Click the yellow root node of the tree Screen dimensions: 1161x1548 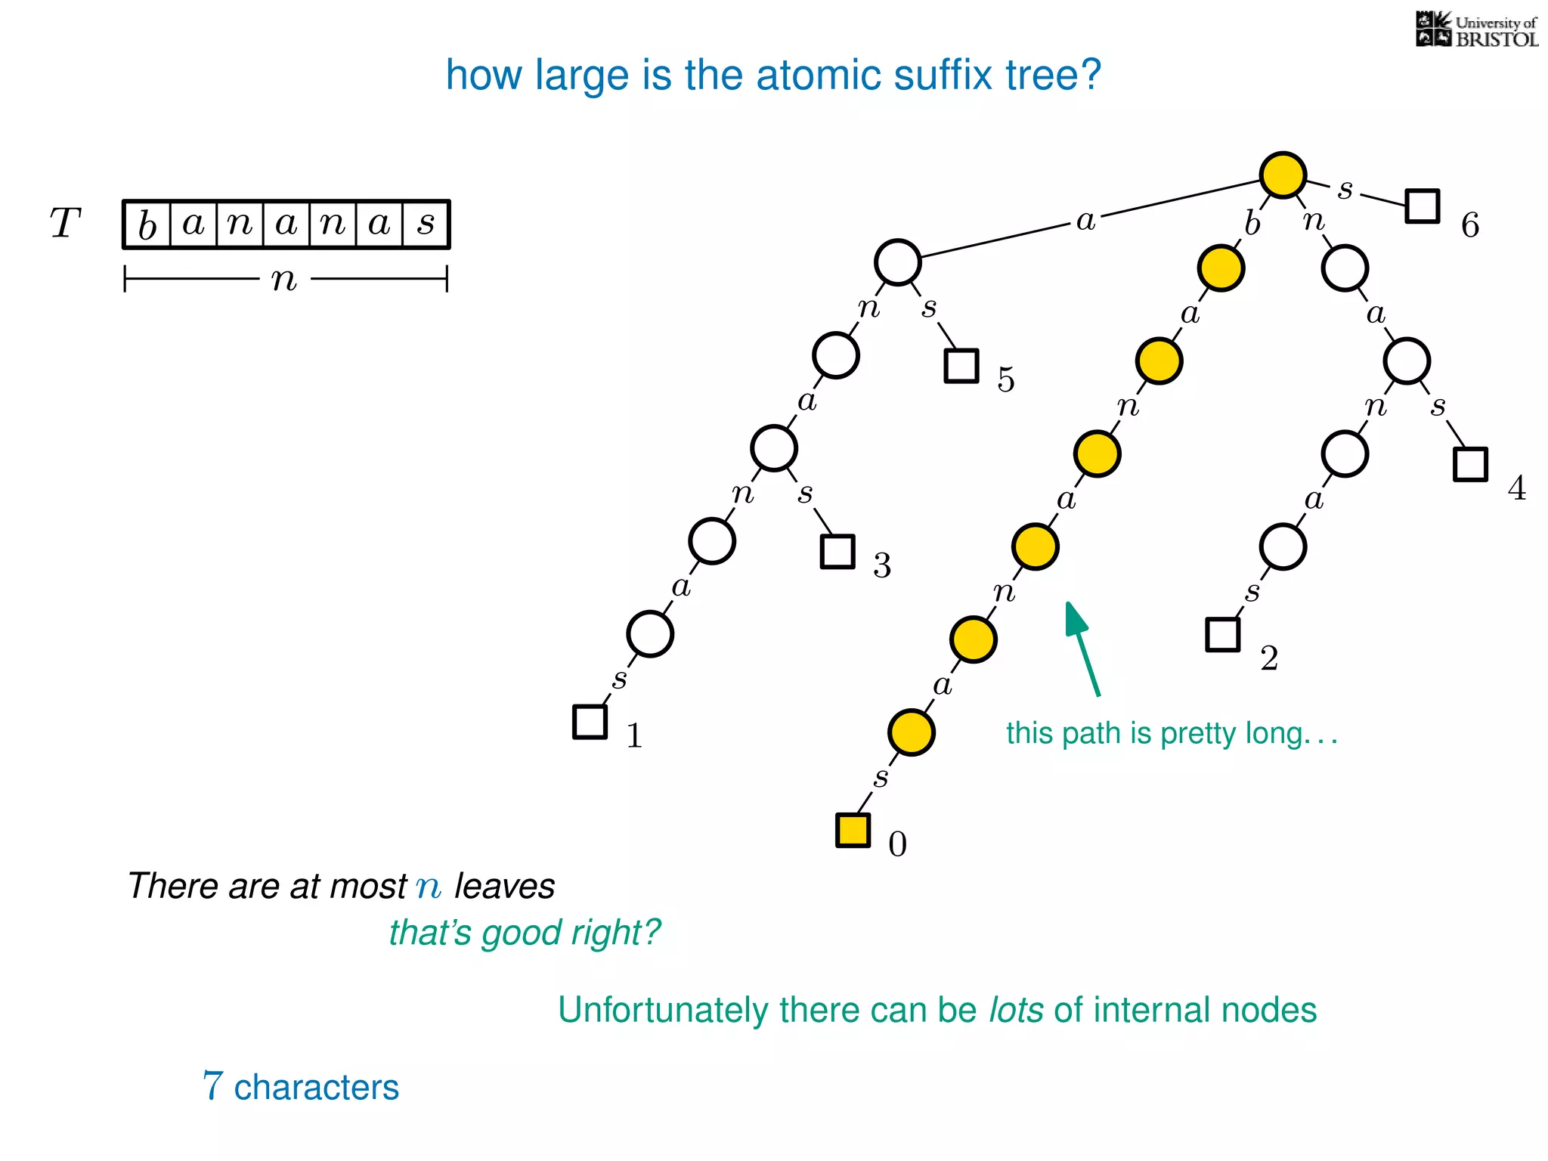coord(1283,175)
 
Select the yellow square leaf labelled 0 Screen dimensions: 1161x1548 coord(853,830)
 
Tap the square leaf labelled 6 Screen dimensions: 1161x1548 coord(1422,206)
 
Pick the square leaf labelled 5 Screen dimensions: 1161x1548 coord(961,366)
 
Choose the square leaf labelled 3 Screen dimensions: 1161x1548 coord(837,551)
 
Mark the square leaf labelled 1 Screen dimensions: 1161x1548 coord(590,721)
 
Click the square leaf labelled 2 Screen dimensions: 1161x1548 coord(1222,634)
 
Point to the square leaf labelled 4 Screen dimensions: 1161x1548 coord(1470,464)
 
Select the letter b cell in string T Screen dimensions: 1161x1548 coord(147,224)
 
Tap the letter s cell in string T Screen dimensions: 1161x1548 coord(426,224)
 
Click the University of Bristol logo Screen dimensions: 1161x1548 coord(1476,30)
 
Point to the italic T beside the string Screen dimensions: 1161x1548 coord(65,224)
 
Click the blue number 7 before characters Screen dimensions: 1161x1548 coord(213,1086)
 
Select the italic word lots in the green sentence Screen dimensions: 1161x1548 coord(1016,1010)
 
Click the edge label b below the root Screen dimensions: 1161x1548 coord(1252,224)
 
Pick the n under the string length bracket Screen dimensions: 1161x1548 coord(284,280)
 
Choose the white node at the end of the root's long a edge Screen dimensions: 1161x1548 coord(897,262)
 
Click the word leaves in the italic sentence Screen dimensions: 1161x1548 coord(504,886)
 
